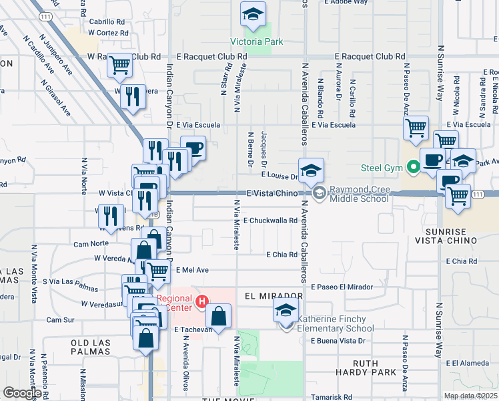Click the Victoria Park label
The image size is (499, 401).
(x=257, y=41)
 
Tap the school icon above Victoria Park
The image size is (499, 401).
(x=254, y=15)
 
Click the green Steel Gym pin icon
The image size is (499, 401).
(x=414, y=167)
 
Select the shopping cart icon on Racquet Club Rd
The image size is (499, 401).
(x=119, y=65)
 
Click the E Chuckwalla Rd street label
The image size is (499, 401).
(x=270, y=220)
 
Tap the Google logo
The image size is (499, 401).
(x=21, y=393)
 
